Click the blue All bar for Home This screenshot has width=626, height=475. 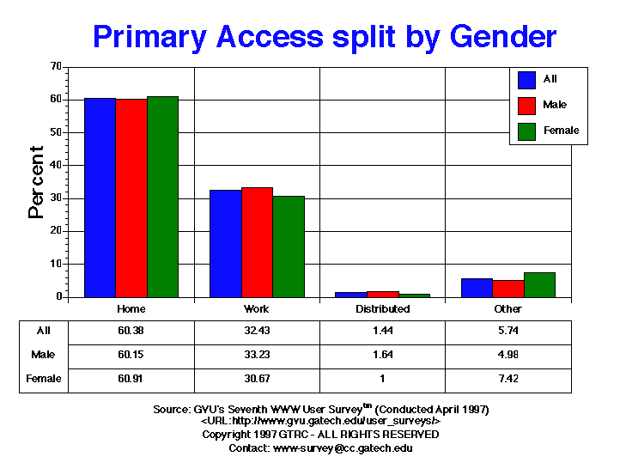tap(100, 198)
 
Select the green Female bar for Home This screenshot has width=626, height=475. tap(162, 197)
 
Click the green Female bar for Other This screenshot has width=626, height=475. tap(539, 285)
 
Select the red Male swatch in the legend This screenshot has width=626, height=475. tap(527, 105)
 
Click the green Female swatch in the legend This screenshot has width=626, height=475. tap(527, 131)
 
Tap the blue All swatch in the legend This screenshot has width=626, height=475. tap(527, 79)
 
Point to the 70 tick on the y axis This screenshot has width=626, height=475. tap(56, 66)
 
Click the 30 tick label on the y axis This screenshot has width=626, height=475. tap(56, 198)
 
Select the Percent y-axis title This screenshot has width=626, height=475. tap(36, 182)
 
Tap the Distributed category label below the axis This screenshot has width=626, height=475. tap(383, 309)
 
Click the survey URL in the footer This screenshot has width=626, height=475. tap(320, 422)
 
